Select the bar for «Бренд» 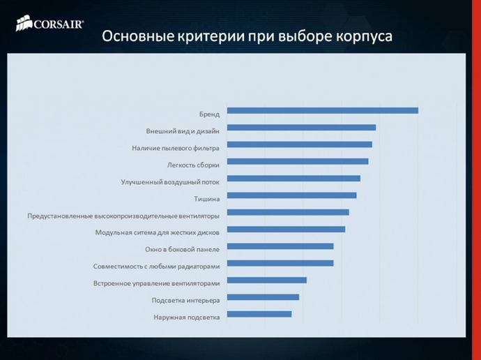[322, 110]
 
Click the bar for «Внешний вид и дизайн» [301, 128]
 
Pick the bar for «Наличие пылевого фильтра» [299, 144]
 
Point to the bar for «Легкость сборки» [298, 161]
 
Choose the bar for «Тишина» [291, 195]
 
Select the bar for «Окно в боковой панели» [280, 246]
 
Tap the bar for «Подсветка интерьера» [263, 297]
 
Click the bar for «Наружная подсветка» [259, 314]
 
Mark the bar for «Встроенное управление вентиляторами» [267, 280]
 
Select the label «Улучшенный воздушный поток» [171, 182]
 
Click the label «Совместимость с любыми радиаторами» [157, 267]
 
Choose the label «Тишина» [207, 199]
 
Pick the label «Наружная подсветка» [187, 317]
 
